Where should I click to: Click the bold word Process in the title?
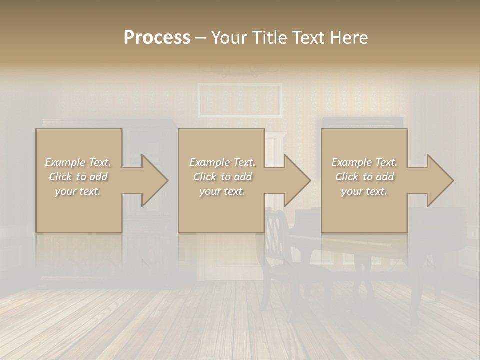coord(157,38)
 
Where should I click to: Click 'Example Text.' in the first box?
coord(78,162)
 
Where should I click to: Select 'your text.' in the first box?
coord(78,191)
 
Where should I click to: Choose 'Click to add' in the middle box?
coord(222,177)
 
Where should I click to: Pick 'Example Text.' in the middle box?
coord(222,162)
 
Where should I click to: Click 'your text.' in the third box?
coord(364,191)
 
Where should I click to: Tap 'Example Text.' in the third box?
coord(364,162)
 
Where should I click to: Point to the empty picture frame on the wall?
coord(240,100)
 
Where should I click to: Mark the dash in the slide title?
coord(200,38)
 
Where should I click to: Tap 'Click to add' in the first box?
coord(78,177)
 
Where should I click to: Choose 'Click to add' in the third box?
coord(364,177)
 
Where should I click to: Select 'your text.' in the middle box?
coord(222,191)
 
